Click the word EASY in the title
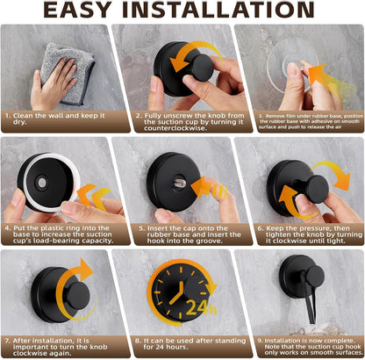[83, 11]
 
